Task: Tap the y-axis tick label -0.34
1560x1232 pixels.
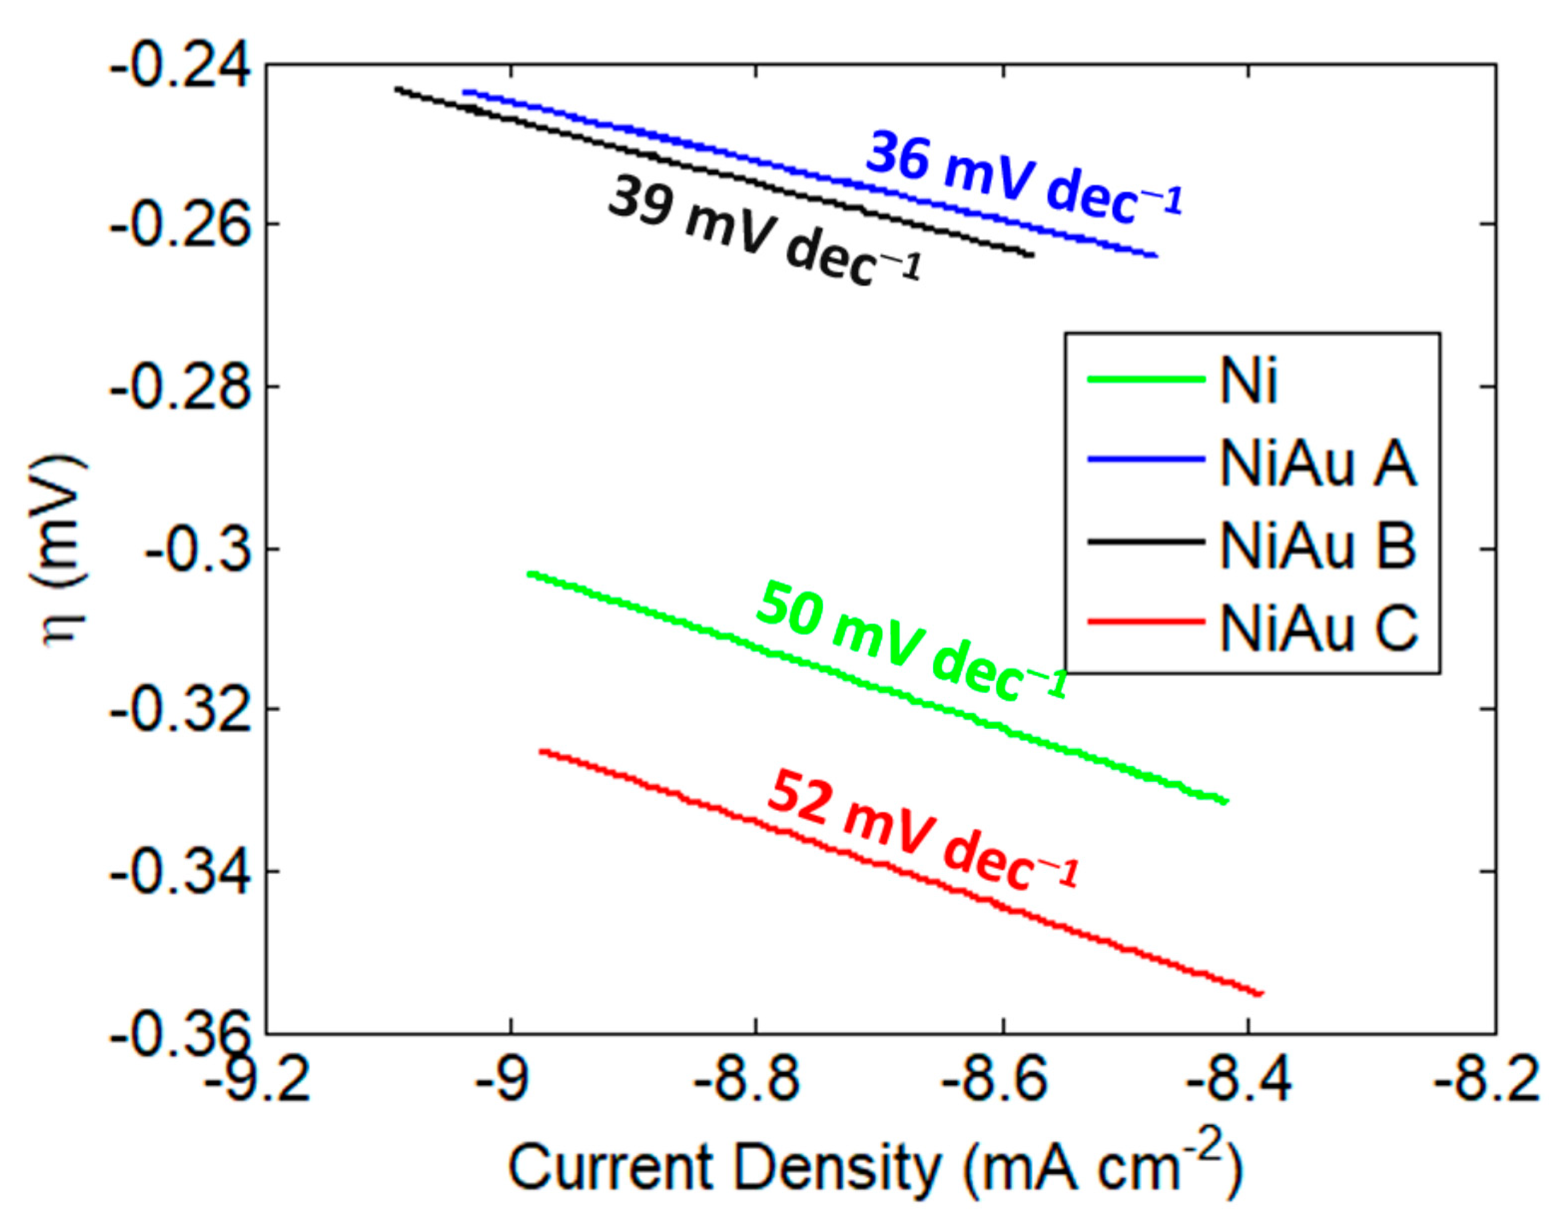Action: coord(180,875)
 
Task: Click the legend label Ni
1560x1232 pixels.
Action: coord(1248,380)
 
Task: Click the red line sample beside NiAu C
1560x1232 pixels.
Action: coord(1146,622)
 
